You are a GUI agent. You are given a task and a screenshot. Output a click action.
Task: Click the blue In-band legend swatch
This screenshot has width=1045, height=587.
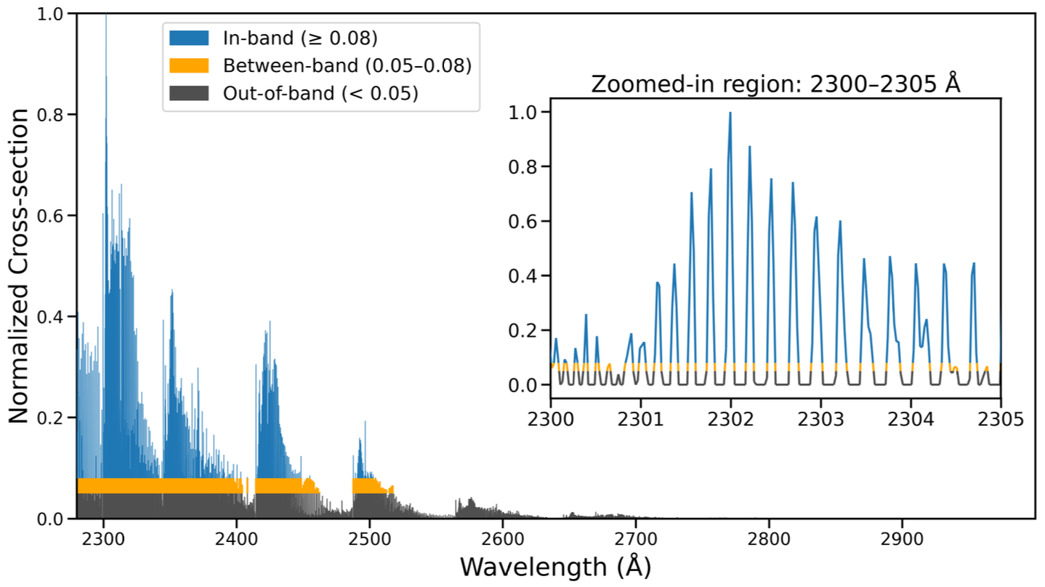[x=189, y=37]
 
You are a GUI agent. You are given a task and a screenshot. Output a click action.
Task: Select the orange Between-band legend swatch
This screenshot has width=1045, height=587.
[x=189, y=65]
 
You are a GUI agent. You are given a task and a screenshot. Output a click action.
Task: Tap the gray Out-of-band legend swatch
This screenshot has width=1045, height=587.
[x=189, y=93]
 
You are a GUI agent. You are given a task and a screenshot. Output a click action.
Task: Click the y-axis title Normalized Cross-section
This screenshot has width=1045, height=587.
[x=20, y=266]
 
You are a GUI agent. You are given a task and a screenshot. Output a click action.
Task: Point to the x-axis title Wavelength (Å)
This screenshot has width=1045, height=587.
[x=554, y=566]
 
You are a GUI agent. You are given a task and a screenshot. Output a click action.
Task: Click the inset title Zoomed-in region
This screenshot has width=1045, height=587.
[x=775, y=84]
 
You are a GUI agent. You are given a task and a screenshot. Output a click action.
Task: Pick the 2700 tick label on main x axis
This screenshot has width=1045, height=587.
[x=636, y=538]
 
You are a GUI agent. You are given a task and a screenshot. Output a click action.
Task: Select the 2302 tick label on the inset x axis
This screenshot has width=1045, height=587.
[x=730, y=419]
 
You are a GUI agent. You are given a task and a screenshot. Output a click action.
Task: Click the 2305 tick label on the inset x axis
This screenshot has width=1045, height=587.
[x=1001, y=419]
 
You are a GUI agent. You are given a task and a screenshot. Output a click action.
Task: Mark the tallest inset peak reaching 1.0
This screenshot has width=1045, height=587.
[x=730, y=113]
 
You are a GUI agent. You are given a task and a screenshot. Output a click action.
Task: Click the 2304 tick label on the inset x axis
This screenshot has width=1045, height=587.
[x=911, y=419]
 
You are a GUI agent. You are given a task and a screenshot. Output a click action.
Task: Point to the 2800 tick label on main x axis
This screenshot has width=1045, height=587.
[x=769, y=538]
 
